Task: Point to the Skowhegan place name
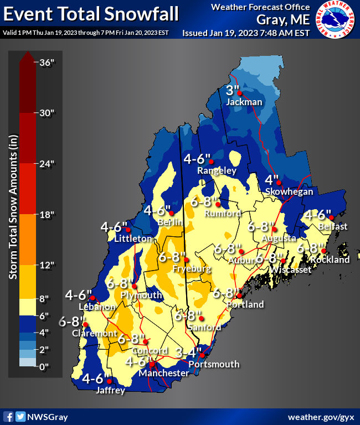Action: (289, 191)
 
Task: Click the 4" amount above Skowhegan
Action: (271, 180)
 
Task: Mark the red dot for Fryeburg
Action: (187, 260)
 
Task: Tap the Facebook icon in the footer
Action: (8, 416)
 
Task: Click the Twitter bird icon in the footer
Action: (20, 416)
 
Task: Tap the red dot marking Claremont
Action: (85, 324)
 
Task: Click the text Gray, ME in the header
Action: (283, 20)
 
